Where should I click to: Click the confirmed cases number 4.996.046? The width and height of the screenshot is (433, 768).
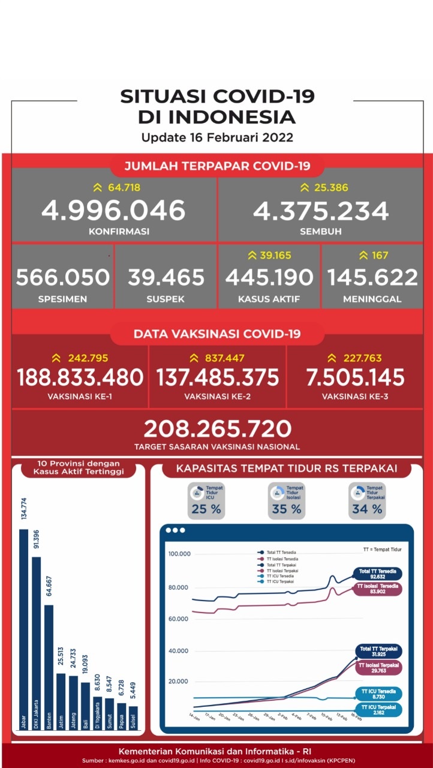click(113, 211)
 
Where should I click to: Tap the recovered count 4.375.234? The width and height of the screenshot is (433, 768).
click(321, 211)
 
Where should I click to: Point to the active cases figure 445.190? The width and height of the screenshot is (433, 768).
click(269, 277)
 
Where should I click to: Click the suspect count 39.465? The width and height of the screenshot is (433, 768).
click(166, 277)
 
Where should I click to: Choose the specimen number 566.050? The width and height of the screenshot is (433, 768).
click(63, 277)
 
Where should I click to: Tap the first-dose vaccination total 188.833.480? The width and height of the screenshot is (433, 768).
click(80, 377)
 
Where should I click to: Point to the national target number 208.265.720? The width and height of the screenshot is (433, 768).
click(217, 428)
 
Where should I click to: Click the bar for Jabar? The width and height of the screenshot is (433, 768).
click(24, 630)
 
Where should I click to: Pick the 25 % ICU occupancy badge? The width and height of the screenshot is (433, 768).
click(206, 509)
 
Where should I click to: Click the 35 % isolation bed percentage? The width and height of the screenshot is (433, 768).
click(287, 509)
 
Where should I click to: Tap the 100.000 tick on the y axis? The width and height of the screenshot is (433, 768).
click(179, 554)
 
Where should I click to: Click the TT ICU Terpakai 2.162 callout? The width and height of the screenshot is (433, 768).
click(378, 710)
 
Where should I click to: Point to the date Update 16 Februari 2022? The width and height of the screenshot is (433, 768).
click(217, 137)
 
